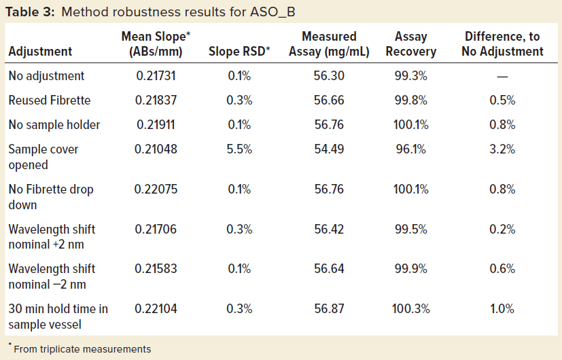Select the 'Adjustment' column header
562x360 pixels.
point(40,52)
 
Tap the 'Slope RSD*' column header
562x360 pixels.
point(241,52)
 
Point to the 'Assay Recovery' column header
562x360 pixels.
point(411,44)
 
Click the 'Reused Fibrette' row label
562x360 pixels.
point(50,101)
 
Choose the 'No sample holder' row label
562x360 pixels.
point(54,125)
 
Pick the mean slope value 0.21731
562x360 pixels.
point(156,77)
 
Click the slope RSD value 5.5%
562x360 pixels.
point(240,149)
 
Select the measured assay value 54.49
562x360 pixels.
point(329,149)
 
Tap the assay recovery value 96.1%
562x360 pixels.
point(410,149)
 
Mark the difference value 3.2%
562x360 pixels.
point(502,149)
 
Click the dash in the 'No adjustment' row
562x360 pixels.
point(502,77)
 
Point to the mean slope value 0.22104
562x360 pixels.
point(156,309)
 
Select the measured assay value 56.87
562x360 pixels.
point(329,309)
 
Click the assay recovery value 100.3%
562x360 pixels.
point(410,309)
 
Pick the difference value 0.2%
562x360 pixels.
point(502,230)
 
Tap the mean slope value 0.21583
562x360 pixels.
point(156,269)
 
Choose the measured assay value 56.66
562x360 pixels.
point(329,101)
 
